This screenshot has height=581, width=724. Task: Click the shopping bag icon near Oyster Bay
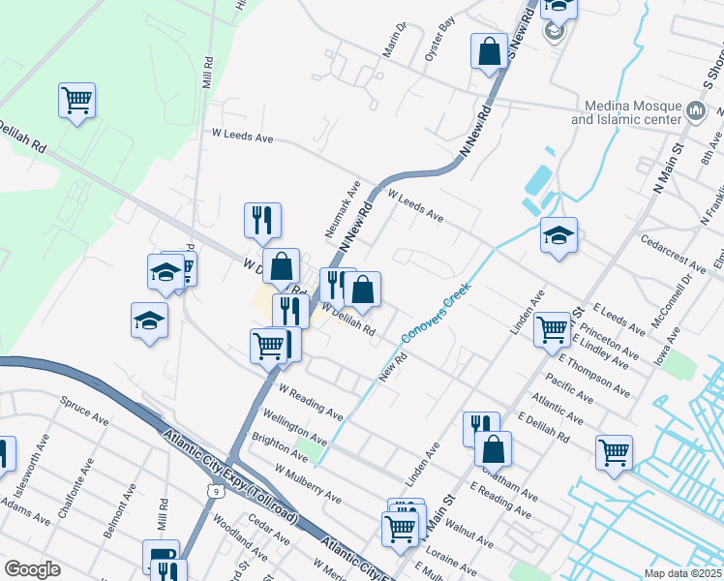[x=490, y=51]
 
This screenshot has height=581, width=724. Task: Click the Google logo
[x=33, y=569]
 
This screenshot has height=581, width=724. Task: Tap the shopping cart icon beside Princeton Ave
[x=552, y=328]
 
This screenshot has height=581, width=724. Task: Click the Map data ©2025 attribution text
[x=683, y=572]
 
